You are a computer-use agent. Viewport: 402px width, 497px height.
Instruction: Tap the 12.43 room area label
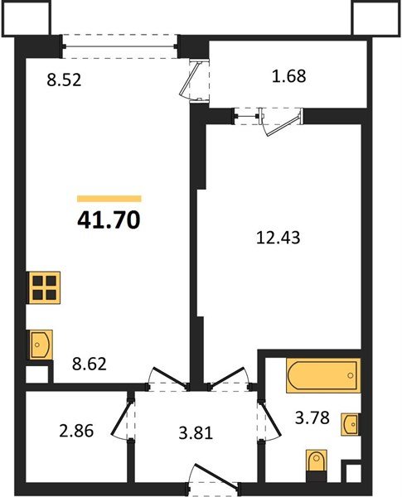pos(277,238)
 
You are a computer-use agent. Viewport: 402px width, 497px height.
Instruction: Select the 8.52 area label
pos(64,82)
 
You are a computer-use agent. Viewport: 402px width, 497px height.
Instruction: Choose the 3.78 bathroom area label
pos(313,417)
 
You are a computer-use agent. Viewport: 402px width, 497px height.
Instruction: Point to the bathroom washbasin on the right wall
pos(351,424)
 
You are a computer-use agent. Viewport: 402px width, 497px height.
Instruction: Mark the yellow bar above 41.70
pos(109,199)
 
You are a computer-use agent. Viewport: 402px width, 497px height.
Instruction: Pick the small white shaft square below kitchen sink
pos(36,374)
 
